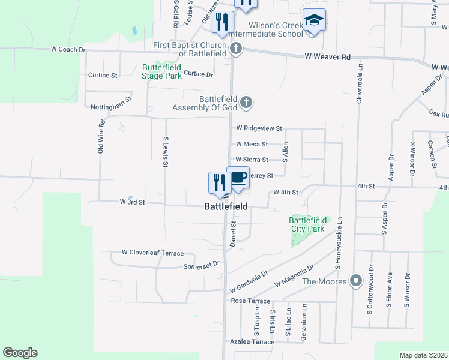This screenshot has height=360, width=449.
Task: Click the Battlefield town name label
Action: [226, 206]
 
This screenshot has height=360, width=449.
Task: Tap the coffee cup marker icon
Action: [238, 178]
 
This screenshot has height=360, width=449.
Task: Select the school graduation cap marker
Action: [314, 20]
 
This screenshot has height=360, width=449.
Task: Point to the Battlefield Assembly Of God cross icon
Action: [246, 103]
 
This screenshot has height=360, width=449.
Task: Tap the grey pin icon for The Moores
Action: [356, 280]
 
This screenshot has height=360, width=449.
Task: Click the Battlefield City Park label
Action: [308, 224]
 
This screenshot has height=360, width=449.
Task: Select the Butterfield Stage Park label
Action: [161, 71]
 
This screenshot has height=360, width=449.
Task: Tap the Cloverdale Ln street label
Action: [360, 83]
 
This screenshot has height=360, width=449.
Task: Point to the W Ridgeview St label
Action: [259, 128]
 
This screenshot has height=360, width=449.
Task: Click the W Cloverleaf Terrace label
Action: [152, 253]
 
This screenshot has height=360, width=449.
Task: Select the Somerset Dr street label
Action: [202, 266]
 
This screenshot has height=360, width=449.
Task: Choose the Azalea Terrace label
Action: [252, 342]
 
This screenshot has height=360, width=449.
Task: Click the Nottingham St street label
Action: [110, 106]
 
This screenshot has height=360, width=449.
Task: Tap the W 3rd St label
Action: [133, 203]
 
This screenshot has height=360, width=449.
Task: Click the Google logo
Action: [20, 353]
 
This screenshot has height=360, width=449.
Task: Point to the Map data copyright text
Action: [423, 355]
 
